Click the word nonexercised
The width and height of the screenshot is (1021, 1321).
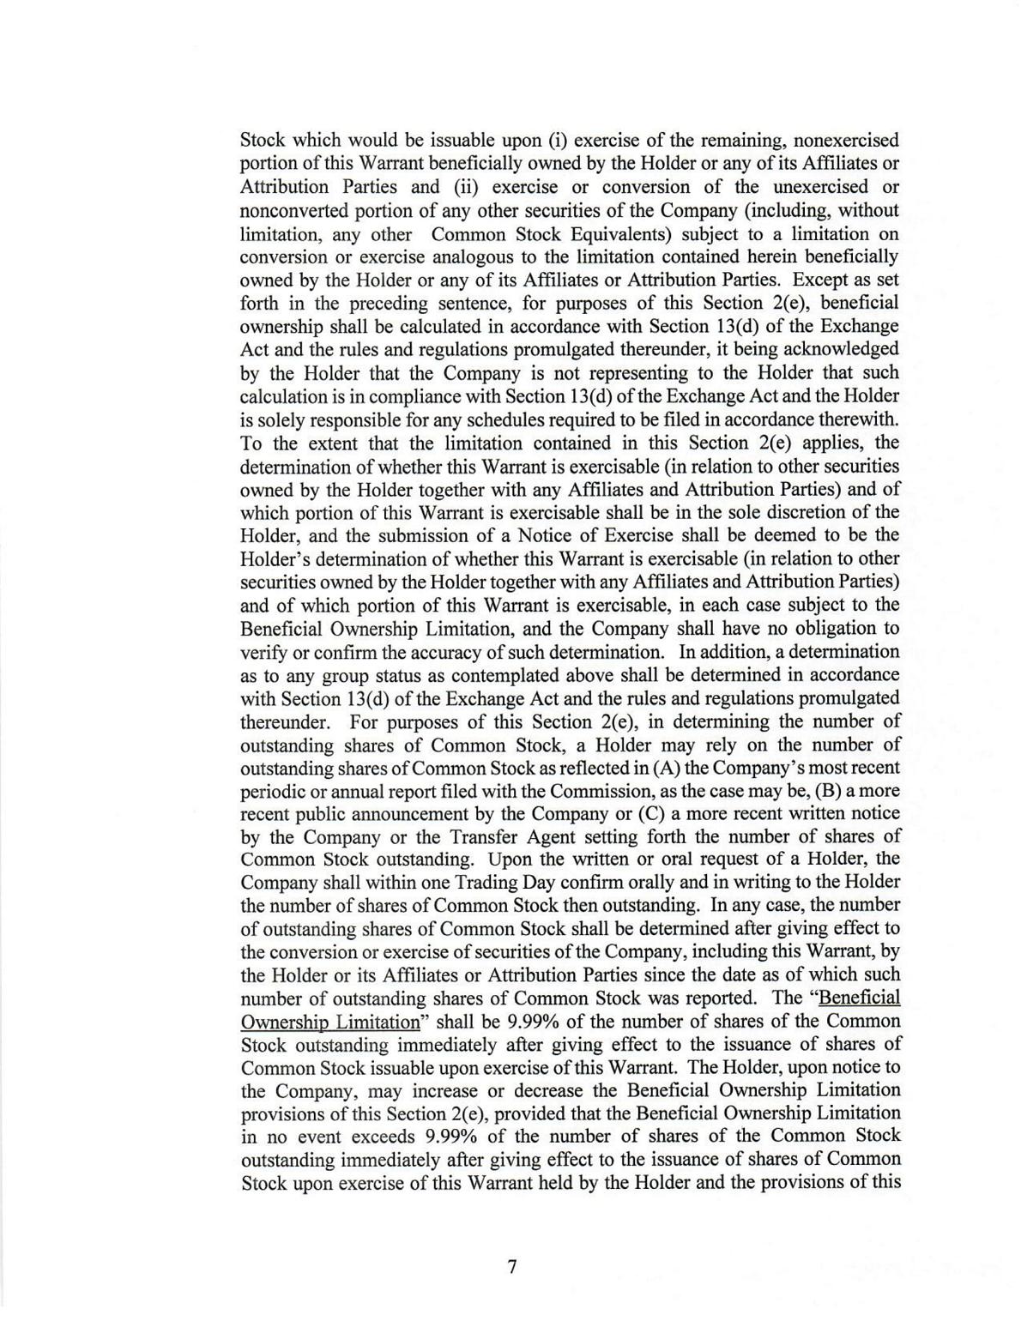pyautogui.click(x=845, y=141)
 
